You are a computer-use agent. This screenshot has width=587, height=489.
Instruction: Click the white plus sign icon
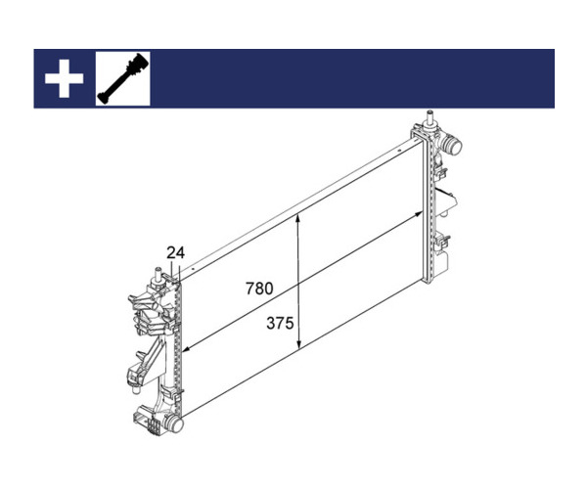(64, 78)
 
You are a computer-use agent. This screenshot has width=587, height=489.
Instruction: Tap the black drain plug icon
(123, 78)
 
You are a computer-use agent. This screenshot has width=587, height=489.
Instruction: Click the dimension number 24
(175, 253)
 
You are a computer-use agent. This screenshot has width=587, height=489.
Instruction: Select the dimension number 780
(259, 289)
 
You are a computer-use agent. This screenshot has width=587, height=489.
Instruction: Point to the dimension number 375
(280, 323)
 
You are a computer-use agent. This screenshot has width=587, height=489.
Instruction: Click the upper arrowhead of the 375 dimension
(298, 218)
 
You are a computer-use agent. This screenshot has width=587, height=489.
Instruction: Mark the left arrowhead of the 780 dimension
(187, 349)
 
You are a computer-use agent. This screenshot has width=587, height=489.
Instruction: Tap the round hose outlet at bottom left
(174, 424)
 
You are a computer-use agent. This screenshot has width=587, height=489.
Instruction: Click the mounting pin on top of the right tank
(429, 118)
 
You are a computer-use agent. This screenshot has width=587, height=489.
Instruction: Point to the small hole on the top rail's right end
(399, 151)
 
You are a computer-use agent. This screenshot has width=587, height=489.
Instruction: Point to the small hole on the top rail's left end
(193, 268)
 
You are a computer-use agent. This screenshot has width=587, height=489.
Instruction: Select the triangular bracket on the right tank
(446, 202)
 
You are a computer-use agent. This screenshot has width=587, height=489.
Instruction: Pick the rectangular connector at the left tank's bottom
(147, 422)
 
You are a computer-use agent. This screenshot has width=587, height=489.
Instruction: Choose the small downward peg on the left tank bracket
(136, 390)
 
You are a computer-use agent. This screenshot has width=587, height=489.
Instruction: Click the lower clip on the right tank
(443, 242)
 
